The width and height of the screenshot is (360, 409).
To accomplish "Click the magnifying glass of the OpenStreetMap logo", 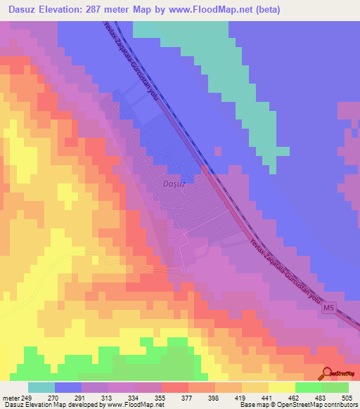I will click(x=328, y=372).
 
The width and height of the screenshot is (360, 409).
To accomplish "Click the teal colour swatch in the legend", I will click(x=41, y=387).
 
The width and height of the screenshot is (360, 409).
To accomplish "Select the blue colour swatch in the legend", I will click(x=68, y=387).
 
